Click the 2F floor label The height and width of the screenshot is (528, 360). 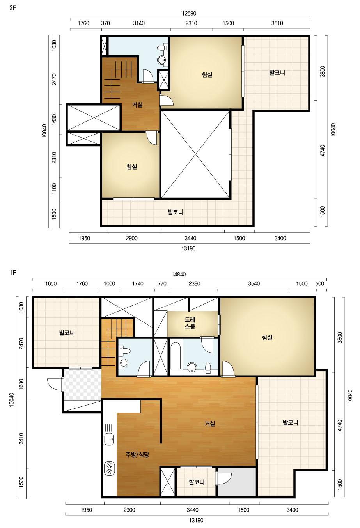(12, 9)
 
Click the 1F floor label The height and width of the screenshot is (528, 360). (12, 273)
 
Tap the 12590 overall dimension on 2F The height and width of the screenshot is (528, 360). (189, 13)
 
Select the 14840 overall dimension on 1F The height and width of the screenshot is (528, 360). (179, 275)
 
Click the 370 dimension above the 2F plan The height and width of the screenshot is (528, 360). (105, 23)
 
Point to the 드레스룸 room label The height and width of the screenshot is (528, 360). (190, 323)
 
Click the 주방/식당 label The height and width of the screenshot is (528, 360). (137, 454)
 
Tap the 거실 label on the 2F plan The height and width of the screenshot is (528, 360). (137, 105)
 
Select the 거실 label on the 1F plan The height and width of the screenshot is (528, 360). (210, 423)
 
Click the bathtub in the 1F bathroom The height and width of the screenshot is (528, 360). (176, 356)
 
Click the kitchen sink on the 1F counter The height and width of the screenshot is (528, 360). (109, 439)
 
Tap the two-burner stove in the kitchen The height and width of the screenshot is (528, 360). (109, 468)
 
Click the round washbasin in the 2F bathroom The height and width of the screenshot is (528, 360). (162, 60)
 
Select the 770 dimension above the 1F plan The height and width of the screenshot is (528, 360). (162, 283)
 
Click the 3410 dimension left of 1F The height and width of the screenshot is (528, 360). (21, 438)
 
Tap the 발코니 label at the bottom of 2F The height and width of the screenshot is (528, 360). (176, 212)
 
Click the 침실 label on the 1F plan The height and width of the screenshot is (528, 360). (267, 338)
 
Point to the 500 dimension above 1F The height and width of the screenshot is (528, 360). (320, 283)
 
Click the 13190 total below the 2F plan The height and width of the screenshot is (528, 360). (188, 248)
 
